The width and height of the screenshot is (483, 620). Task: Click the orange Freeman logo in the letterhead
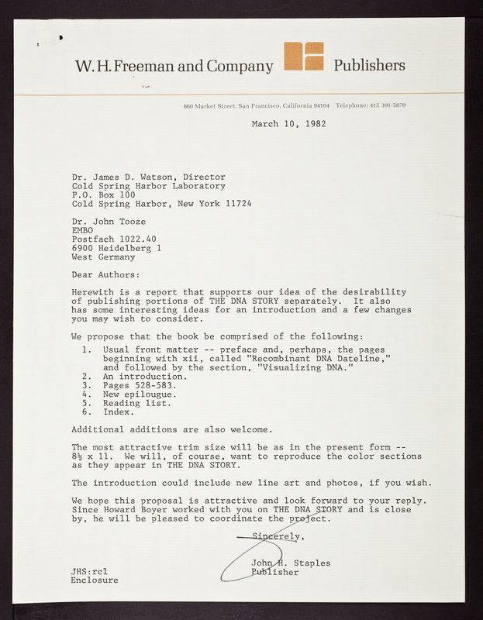tap(304, 57)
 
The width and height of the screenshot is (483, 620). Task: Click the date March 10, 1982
tap(288, 123)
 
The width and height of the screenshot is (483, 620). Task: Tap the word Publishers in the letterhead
tap(369, 65)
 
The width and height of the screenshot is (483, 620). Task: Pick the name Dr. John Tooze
tap(108, 222)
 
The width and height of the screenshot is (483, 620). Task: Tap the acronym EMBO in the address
tap(82, 230)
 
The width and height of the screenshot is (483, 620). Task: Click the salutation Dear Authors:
tap(106, 274)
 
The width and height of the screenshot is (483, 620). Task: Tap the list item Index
tap(119, 412)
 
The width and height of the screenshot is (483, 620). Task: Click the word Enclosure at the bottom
tap(95, 580)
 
